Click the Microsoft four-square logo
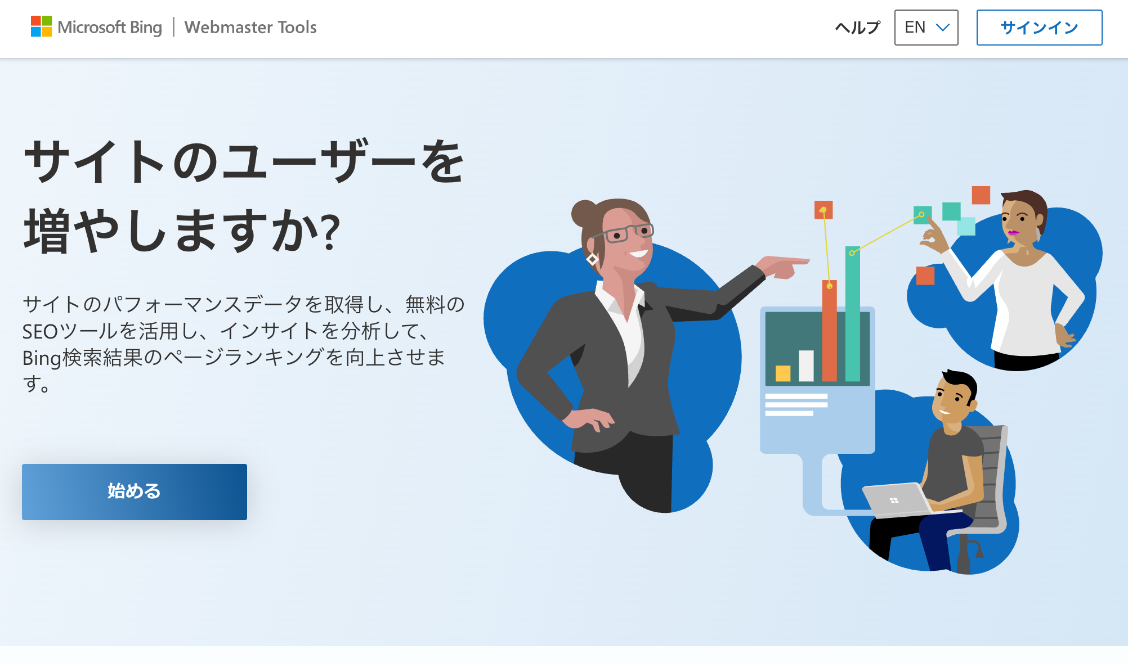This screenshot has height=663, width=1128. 41,26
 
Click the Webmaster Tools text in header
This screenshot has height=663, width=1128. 250,27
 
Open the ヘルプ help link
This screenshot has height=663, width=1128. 857,28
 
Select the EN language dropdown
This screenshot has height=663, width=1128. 926,28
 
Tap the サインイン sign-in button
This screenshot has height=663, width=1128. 1039,28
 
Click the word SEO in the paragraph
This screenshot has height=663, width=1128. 40,331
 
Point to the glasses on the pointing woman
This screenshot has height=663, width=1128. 622,234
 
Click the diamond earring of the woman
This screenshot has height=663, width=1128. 592,259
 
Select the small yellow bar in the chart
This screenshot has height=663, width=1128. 783,373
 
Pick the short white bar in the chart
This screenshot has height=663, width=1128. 806,366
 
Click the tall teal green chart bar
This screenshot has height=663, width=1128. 852,314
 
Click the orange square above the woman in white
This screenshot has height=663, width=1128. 981,195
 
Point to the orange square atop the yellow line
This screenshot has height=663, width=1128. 823,210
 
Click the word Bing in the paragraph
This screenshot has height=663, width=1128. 41,358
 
